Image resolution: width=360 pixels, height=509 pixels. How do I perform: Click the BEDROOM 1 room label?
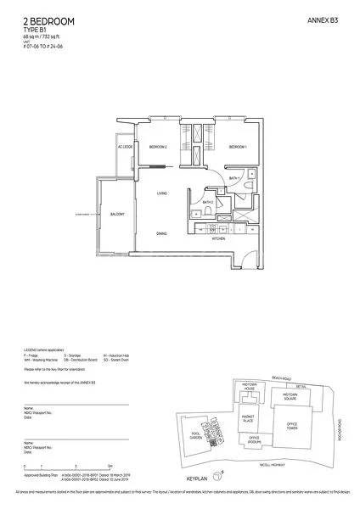[x=238, y=147]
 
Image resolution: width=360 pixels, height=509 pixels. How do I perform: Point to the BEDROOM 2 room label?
[x=158, y=147]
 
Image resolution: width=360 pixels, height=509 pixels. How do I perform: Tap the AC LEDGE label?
[x=126, y=148]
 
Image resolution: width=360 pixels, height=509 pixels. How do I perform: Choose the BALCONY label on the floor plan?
[x=116, y=215]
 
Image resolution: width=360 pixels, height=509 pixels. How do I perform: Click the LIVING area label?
[x=161, y=194]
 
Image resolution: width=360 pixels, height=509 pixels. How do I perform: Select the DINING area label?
[x=161, y=233]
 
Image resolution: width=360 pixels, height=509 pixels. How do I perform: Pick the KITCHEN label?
[x=217, y=239]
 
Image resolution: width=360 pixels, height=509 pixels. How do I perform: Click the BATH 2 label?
[x=207, y=203]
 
